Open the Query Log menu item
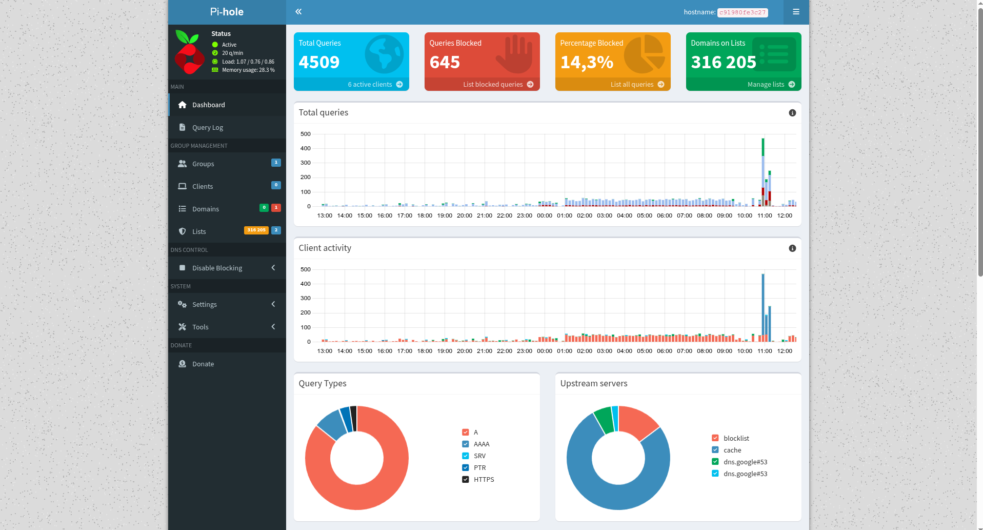(207, 127)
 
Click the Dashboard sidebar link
(208, 105)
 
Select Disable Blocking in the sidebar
(217, 268)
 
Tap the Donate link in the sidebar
(203, 364)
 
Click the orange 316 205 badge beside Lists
(256, 230)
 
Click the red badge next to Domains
(276, 208)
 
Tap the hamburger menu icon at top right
(796, 12)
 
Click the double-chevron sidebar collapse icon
(298, 11)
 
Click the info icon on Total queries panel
(792, 113)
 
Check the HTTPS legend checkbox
(466, 479)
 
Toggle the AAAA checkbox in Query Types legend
(466, 444)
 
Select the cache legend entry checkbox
(715, 450)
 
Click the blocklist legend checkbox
(715, 438)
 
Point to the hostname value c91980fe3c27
(743, 12)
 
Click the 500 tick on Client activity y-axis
(306, 269)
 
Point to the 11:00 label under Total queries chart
(765, 215)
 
